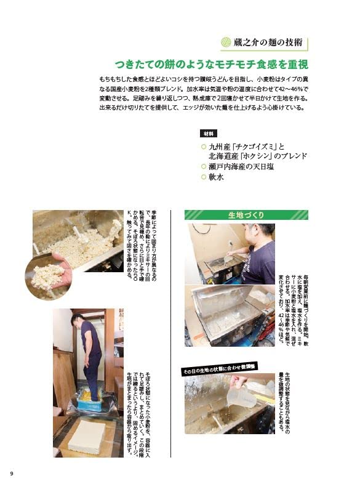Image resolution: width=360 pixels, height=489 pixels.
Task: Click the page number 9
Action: click(x=11, y=473)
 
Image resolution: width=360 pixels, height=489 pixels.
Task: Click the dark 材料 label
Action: click(x=207, y=133)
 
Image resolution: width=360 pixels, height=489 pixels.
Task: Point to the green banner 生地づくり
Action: click(x=247, y=215)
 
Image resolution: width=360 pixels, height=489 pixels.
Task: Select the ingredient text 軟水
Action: click(x=217, y=177)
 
